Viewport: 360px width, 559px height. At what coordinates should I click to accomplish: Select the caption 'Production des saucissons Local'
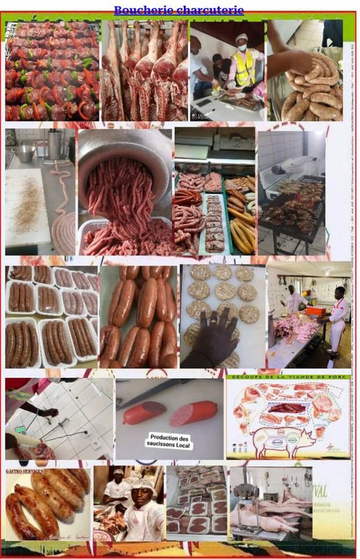coord(170,440)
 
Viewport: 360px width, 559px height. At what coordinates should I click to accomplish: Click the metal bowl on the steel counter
coord(24,154)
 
